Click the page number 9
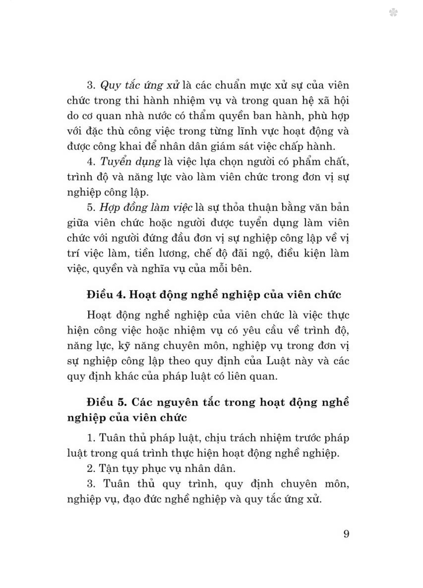(346, 533)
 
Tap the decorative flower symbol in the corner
(393, 13)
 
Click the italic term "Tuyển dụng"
(130, 162)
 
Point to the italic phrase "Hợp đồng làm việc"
(146, 207)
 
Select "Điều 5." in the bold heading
(107, 402)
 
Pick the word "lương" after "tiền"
(167, 253)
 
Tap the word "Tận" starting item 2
(109, 469)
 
